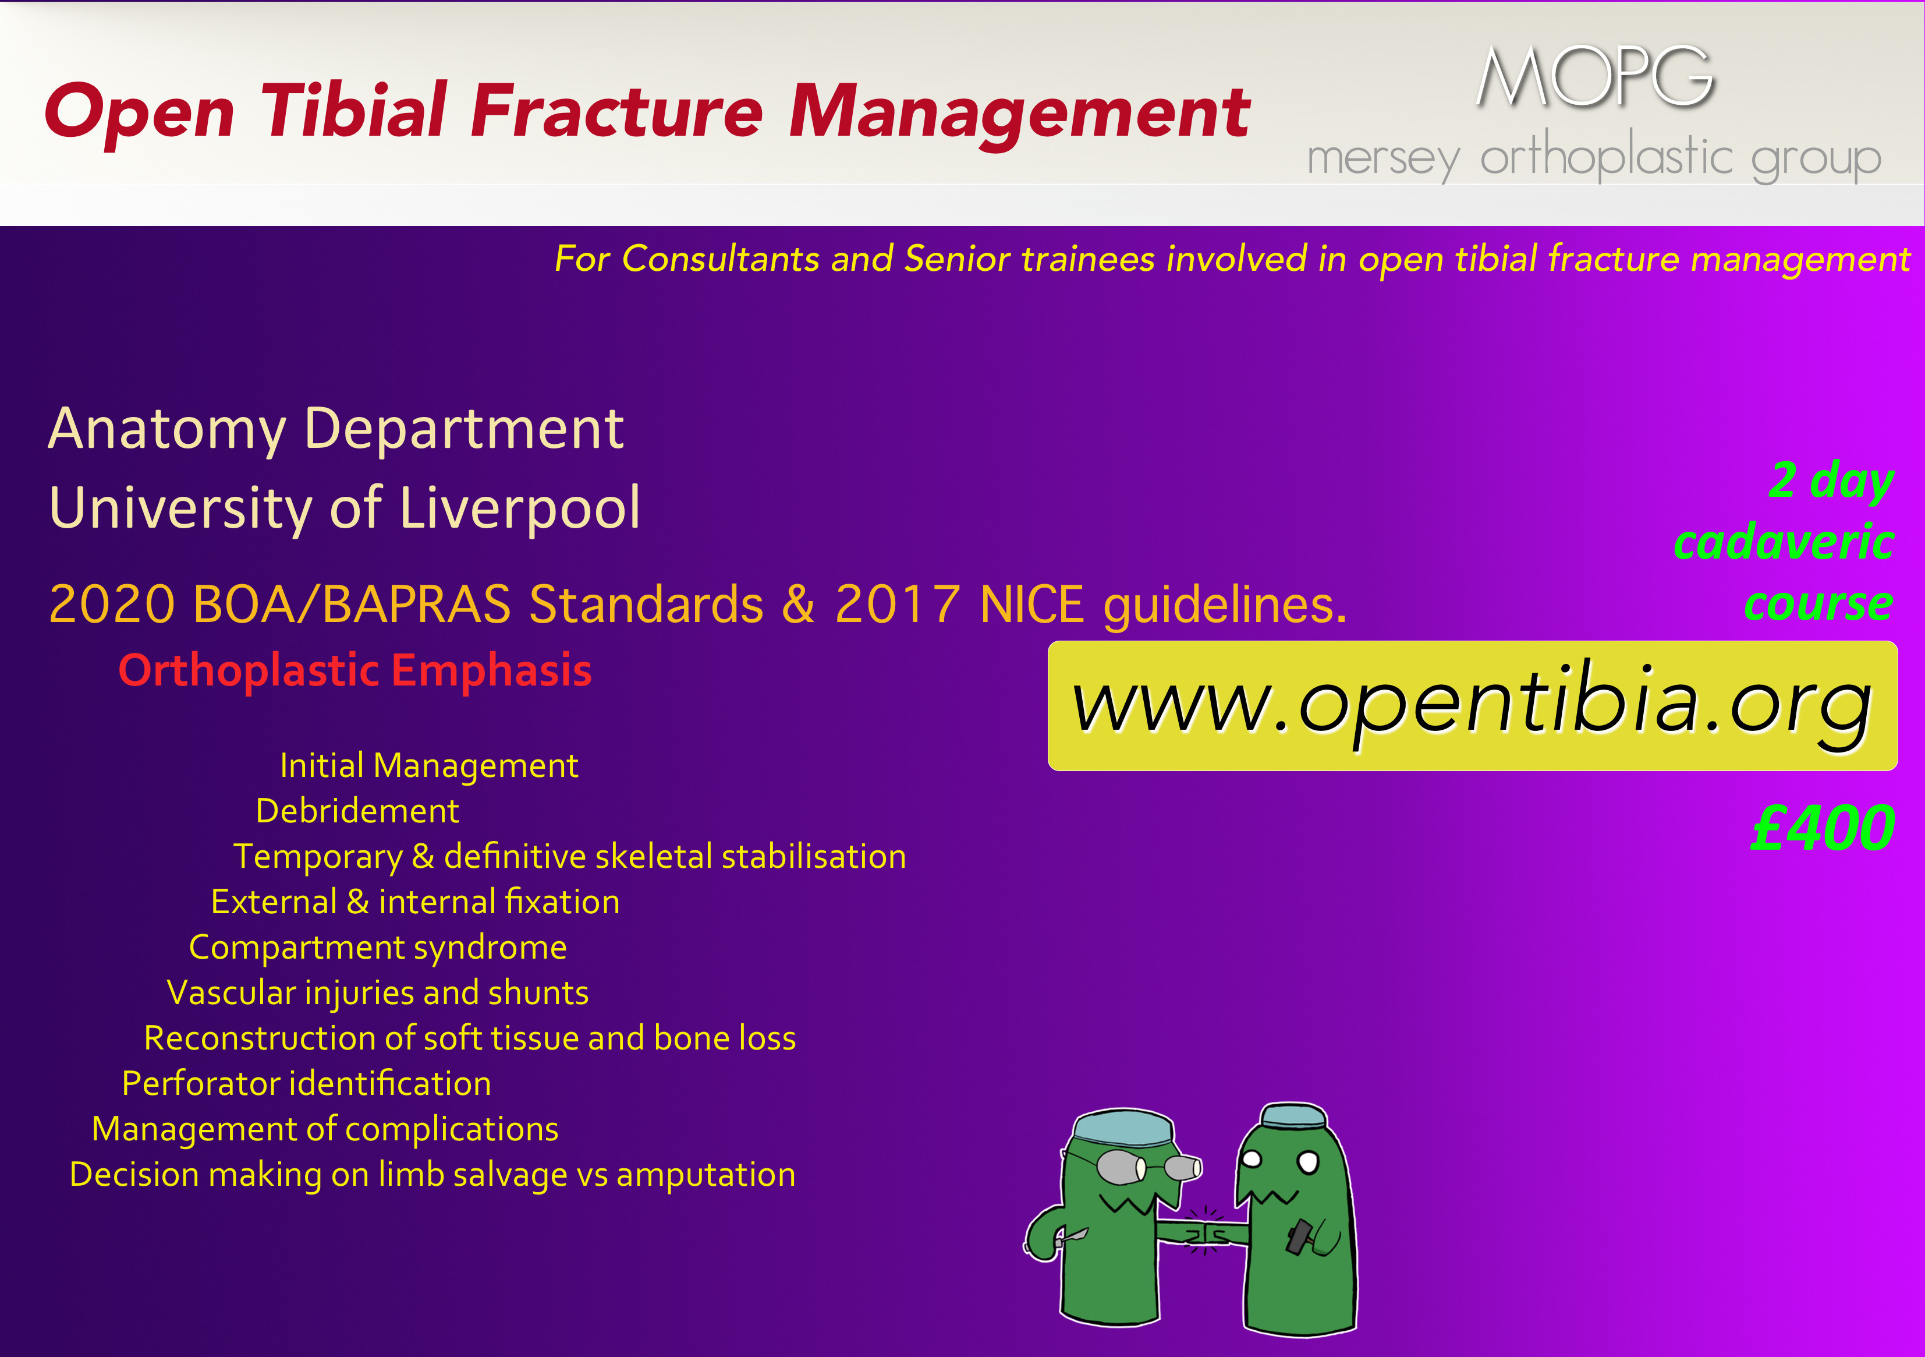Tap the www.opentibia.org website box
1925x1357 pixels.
pos(1472,705)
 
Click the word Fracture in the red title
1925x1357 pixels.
pos(616,112)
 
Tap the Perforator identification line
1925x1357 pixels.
pos(306,1084)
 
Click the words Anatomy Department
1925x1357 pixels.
pos(335,429)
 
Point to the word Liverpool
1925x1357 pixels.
pos(520,508)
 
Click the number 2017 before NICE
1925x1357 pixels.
pos(897,604)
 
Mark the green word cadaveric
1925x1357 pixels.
pos(1784,543)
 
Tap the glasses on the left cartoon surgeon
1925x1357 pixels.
pos(1148,1166)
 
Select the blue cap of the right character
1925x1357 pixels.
pos(1293,1115)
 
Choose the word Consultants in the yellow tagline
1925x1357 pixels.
pos(720,259)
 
